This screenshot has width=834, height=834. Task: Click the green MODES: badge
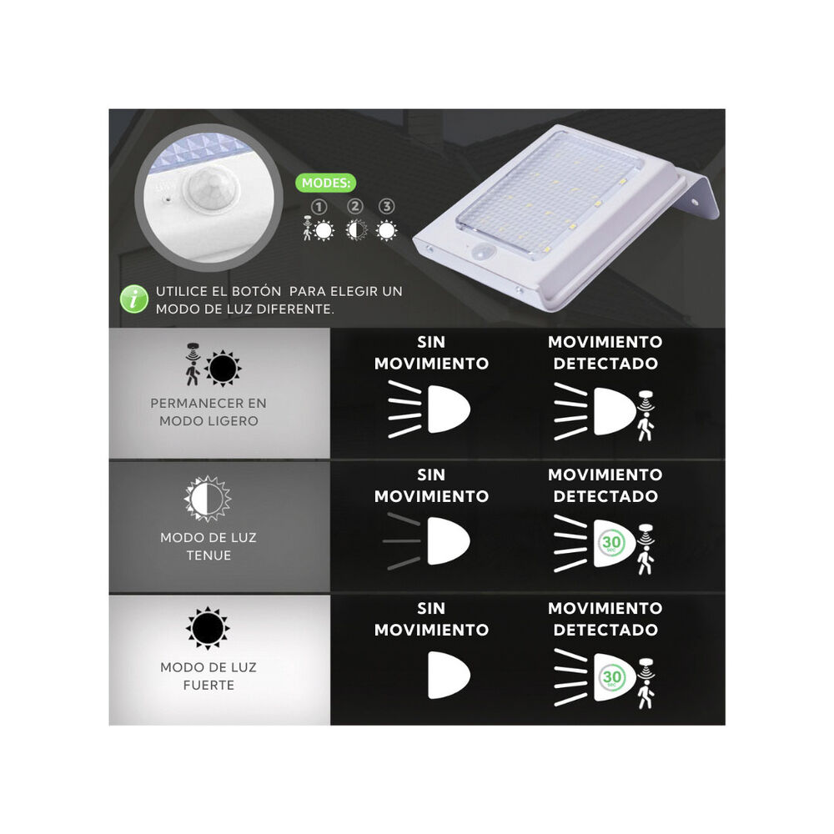[325, 183]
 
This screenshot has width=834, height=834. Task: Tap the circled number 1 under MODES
[319, 207]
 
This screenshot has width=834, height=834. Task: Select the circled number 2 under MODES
[354, 206]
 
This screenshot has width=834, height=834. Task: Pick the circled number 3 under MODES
[387, 206]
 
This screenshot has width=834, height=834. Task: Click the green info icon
[133, 299]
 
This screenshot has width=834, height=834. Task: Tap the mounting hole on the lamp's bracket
[695, 203]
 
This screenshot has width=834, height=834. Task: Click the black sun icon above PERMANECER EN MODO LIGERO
[223, 368]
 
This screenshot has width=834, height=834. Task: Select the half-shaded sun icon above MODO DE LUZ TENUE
[208, 499]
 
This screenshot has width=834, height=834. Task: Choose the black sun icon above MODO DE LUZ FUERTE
[208, 628]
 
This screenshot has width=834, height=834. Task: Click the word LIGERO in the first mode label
[234, 421]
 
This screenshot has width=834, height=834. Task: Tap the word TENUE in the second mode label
[208, 555]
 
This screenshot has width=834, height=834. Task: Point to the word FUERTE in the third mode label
[208, 685]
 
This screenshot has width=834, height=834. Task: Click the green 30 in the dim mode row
[611, 543]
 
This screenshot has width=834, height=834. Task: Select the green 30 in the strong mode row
[611, 677]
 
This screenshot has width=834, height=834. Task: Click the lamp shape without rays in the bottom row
[449, 675]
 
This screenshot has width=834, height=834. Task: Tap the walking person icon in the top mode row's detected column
[646, 429]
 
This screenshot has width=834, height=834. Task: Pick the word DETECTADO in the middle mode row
[605, 496]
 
